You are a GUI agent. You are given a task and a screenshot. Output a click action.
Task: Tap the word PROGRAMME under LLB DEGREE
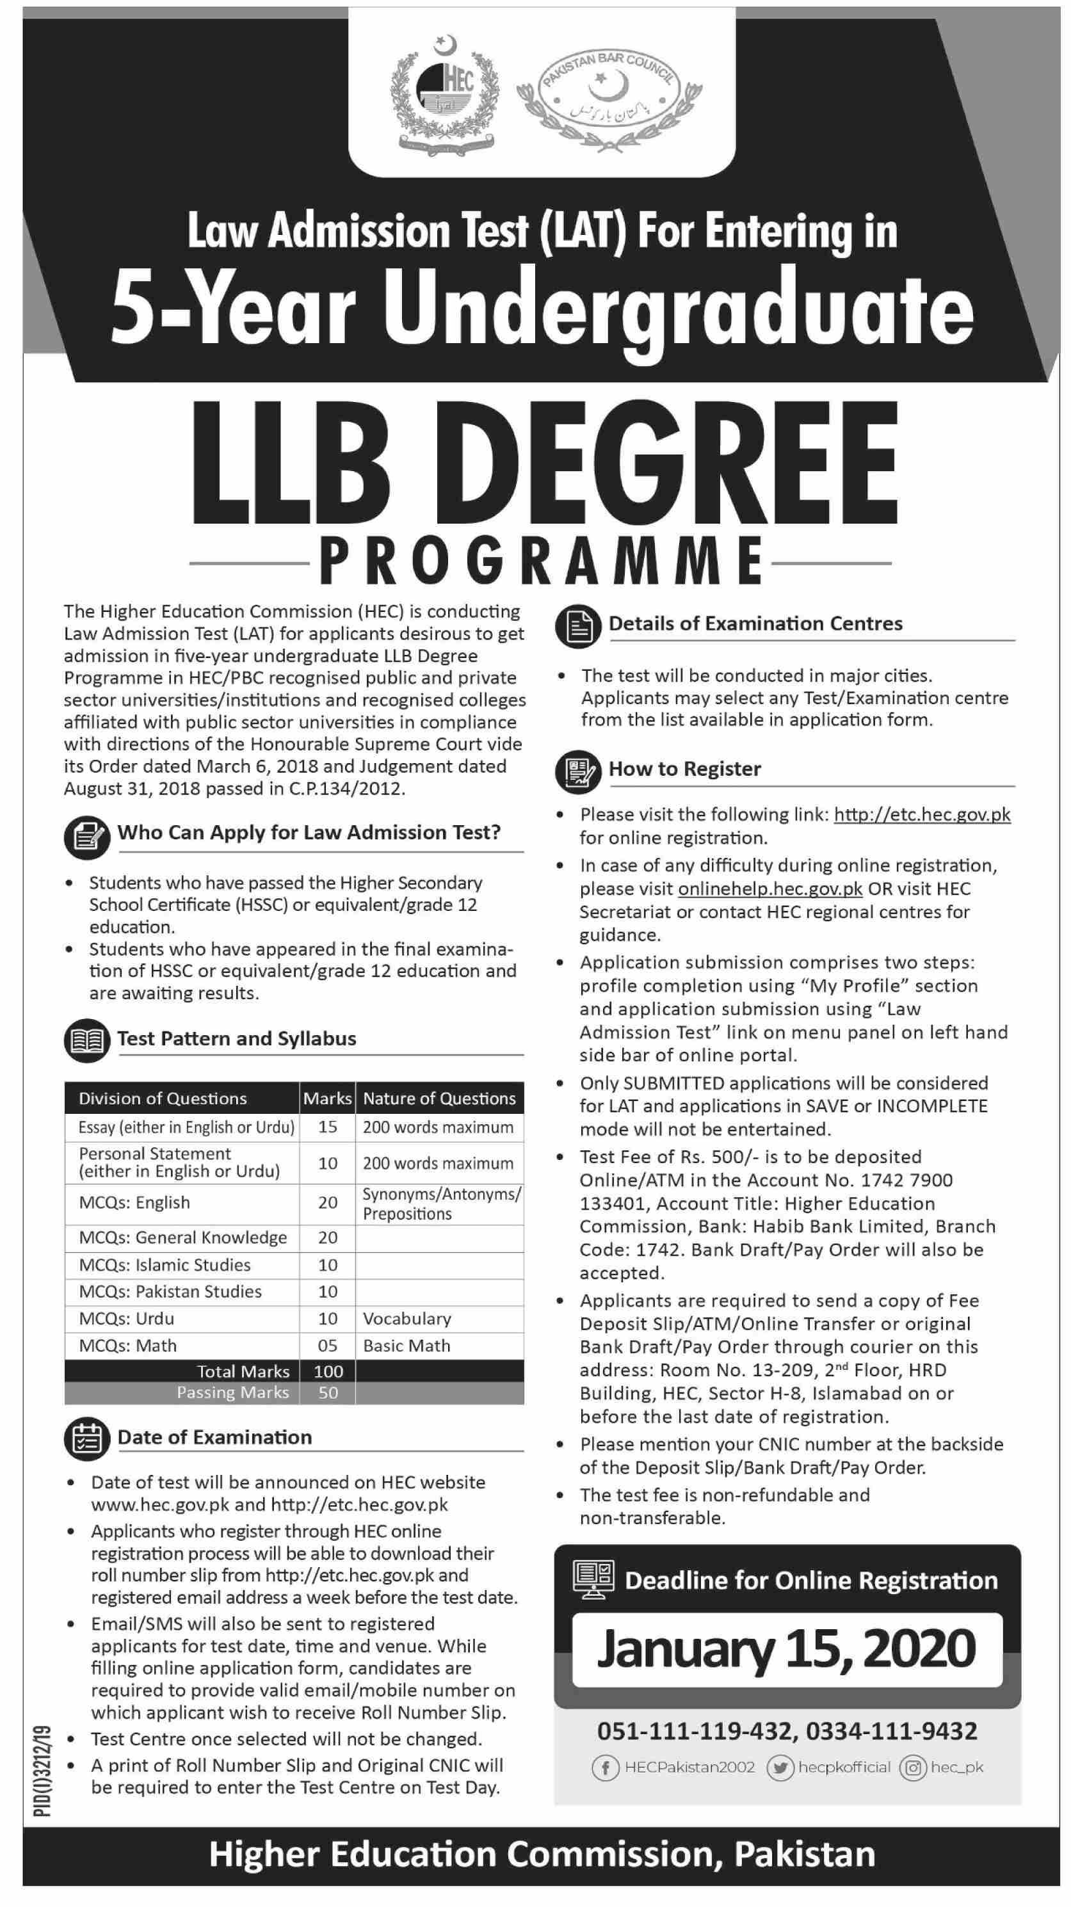[x=541, y=562]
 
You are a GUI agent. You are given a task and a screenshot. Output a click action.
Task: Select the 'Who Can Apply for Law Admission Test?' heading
[x=309, y=832]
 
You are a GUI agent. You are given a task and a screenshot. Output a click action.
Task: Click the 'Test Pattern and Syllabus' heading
[x=236, y=1038]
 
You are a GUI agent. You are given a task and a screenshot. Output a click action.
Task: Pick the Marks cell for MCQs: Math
[x=327, y=1345]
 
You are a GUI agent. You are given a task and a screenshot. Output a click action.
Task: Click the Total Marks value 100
[x=327, y=1371]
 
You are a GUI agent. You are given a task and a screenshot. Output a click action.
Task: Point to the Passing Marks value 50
[x=327, y=1392]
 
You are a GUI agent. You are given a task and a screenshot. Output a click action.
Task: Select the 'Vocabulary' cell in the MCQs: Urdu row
[x=407, y=1319]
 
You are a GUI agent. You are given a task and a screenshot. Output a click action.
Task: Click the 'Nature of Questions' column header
[x=439, y=1098]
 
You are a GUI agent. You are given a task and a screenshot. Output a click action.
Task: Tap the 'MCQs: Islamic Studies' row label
[x=165, y=1264]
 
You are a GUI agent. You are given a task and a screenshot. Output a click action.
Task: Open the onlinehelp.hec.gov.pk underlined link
[x=769, y=889]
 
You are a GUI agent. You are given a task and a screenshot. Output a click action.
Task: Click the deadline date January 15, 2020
[x=786, y=1648]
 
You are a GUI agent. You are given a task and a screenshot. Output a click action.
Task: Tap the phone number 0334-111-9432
[x=891, y=1731]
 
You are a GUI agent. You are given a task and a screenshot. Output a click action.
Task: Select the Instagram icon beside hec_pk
[x=913, y=1768]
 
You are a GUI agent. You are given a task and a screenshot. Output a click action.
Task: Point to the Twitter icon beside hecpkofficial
[x=780, y=1768]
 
